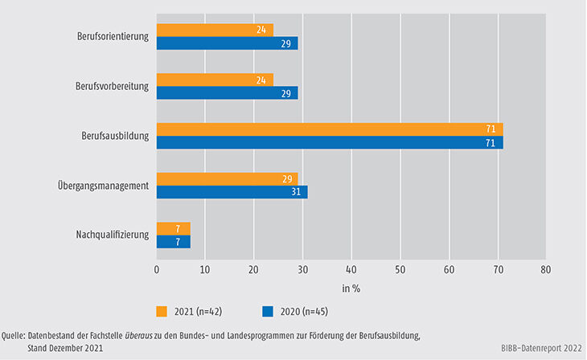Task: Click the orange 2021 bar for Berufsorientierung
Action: pos(215,31)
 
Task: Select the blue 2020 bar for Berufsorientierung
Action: pos(227,43)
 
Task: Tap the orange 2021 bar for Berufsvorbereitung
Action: pos(215,80)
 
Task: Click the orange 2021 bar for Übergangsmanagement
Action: pos(227,179)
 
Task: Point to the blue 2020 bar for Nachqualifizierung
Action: pos(173,242)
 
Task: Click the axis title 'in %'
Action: pos(351,286)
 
